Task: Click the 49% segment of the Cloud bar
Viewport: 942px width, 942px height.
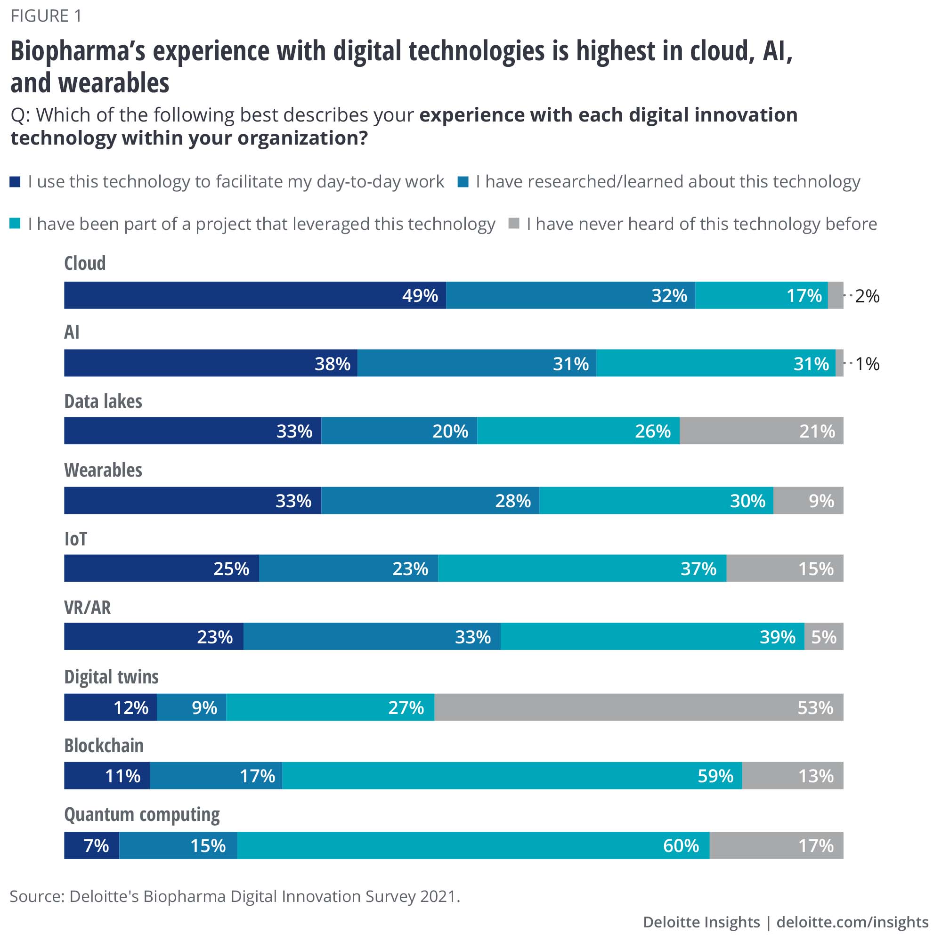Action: pos(254,295)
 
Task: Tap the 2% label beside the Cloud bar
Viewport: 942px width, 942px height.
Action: pos(867,296)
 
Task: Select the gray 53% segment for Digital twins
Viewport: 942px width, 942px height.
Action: pos(639,707)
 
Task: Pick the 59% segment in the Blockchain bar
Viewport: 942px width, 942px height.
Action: pos(512,776)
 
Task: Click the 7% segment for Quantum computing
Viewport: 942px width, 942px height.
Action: pos(92,845)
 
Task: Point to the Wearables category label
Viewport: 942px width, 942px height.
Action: pos(103,470)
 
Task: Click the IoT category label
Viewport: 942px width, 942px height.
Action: pos(75,539)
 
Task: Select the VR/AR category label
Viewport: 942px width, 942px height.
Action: pos(87,608)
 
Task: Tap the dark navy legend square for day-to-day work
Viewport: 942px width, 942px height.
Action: pos(15,182)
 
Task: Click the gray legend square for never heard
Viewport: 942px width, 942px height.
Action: pos(513,224)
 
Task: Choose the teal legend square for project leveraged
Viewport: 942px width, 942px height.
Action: pos(15,224)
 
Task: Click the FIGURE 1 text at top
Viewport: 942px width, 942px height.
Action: pos(46,16)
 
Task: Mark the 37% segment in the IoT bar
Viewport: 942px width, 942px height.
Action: pos(582,568)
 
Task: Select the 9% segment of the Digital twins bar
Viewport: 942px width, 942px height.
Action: pos(192,707)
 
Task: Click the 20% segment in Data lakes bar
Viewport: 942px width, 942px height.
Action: pos(399,430)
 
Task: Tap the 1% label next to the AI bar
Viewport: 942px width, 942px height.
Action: pos(867,364)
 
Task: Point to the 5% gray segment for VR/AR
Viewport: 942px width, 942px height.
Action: pos(823,636)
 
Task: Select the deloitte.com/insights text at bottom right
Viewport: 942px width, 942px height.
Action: pos(852,922)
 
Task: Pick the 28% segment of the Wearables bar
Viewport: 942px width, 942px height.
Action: pos(430,500)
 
